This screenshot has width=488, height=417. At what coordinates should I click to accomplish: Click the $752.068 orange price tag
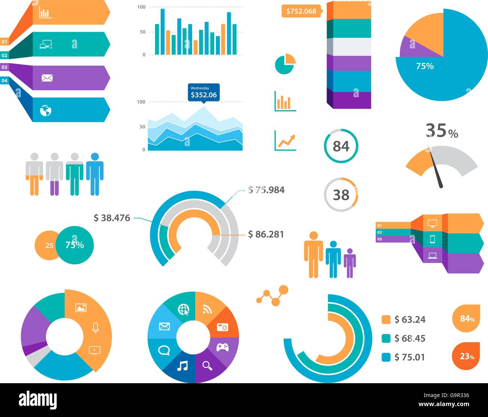tap(301, 11)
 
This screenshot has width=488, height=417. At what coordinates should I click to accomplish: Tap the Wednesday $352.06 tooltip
tap(203, 92)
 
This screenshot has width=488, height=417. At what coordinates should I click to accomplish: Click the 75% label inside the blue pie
tap(425, 66)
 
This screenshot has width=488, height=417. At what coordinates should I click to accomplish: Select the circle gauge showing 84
tap(341, 146)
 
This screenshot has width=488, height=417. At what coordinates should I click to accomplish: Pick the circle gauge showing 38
tap(341, 195)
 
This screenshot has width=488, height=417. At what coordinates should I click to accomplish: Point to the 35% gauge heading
tap(442, 131)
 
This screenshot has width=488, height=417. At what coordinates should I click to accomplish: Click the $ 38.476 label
tap(112, 218)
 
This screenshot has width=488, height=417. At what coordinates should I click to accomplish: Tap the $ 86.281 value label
tap(266, 234)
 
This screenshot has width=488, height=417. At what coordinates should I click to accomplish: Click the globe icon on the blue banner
tap(45, 110)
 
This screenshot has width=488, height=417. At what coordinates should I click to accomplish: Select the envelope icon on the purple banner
tap(47, 78)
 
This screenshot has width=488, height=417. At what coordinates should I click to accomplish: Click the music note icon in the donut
tap(182, 366)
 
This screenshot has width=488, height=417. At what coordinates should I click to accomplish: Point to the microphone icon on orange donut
tap(95, 328)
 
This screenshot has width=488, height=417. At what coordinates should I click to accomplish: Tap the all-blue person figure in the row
tap(95, 174)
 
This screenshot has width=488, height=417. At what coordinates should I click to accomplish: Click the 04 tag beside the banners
tap(5, 80)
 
